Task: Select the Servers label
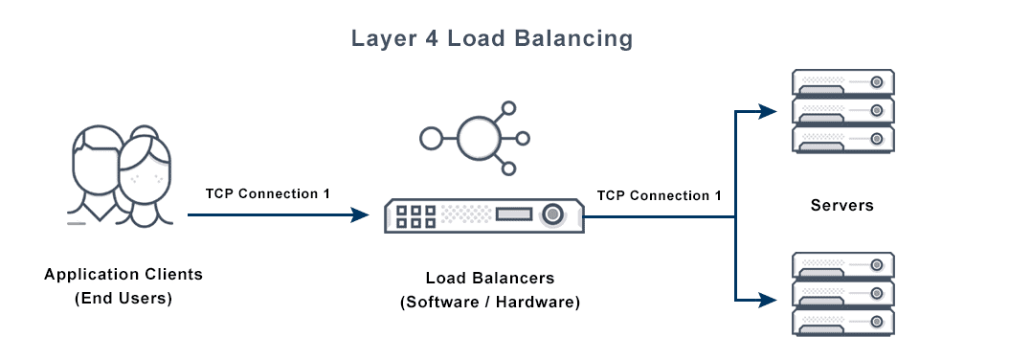(x=841, y=205)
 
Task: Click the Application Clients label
(x=123, y=275)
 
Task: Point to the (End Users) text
(x=123, y=298)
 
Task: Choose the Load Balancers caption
(x=490, y=280)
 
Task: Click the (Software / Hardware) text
(x=490, y=303)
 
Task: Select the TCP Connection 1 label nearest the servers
(x=660, y=195)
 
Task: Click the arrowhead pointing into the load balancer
(x=360, y=215)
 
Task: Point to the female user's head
(x=146, y=163)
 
